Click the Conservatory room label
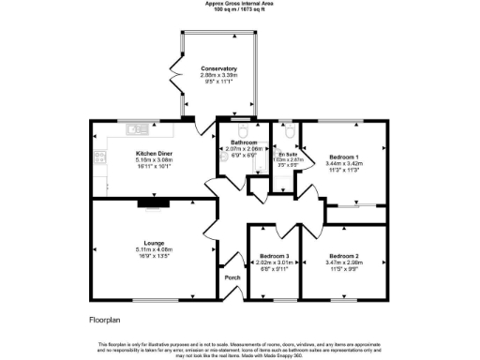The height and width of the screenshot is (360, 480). [218, 68]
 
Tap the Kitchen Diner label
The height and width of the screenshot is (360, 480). [151, 153]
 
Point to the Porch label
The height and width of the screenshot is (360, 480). [231, 279]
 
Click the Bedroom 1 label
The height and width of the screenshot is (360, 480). [343, 156]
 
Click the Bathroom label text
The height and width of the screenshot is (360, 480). [240, 143]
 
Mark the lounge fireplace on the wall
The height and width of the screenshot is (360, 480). [151, 202]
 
